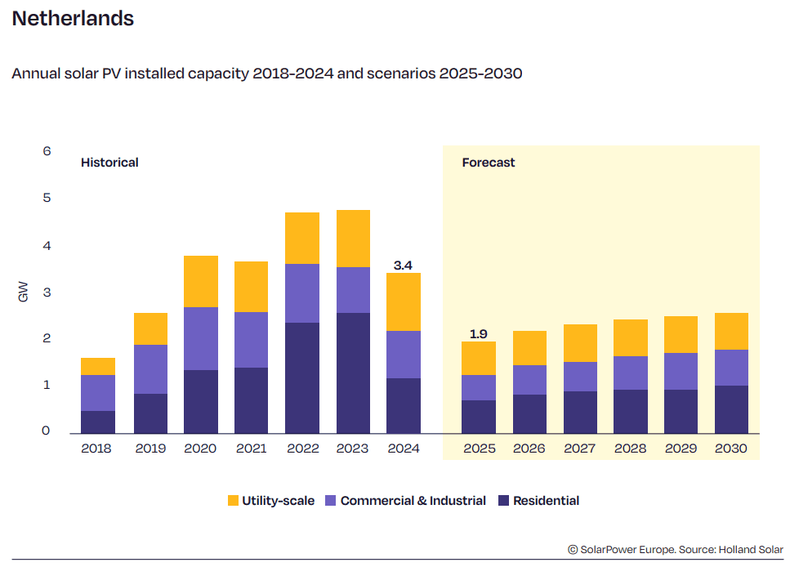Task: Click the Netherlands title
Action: pyautogui.click(x=73, y=19)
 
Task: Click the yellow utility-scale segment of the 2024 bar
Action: pyautogui.click(x=404, y=301)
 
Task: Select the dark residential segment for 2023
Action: pyautogui.click(x=353, y=373)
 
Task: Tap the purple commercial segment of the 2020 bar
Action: pyautogui.click(x=201, y=338)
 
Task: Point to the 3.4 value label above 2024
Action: pyautogui.click(x=404, y=266)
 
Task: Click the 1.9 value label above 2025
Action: pyautogui.click(x=479, y=333)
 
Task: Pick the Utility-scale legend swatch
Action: pyautogui.click(x=233, y=501)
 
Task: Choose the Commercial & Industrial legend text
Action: pyautogui.click(x=413, y=501)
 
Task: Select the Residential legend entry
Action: pyautogui.click(x=546, y=501)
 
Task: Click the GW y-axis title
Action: pyautogui.click(x=23, y=292)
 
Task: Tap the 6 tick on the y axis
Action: pyautogui.click(x=47, y=151)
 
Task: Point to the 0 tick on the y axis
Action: pyautogui.click(x=47, y=431)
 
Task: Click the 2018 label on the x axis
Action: pyautogui.click(x=96, y=449)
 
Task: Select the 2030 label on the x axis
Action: pyautogui.click(x=731, y=449)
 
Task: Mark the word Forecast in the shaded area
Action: pyautogui.click(x=489, y=163)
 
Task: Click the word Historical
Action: pyautogui.click(x=109, y=163)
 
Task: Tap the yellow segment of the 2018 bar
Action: pyautogui.click(x=98, y=366)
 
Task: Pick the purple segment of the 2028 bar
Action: pyautogui.click(x=630, y=373)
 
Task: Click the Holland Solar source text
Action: pyautogui.click(x=751, y=550)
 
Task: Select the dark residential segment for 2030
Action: pyautogui.click(x=731, y=409)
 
